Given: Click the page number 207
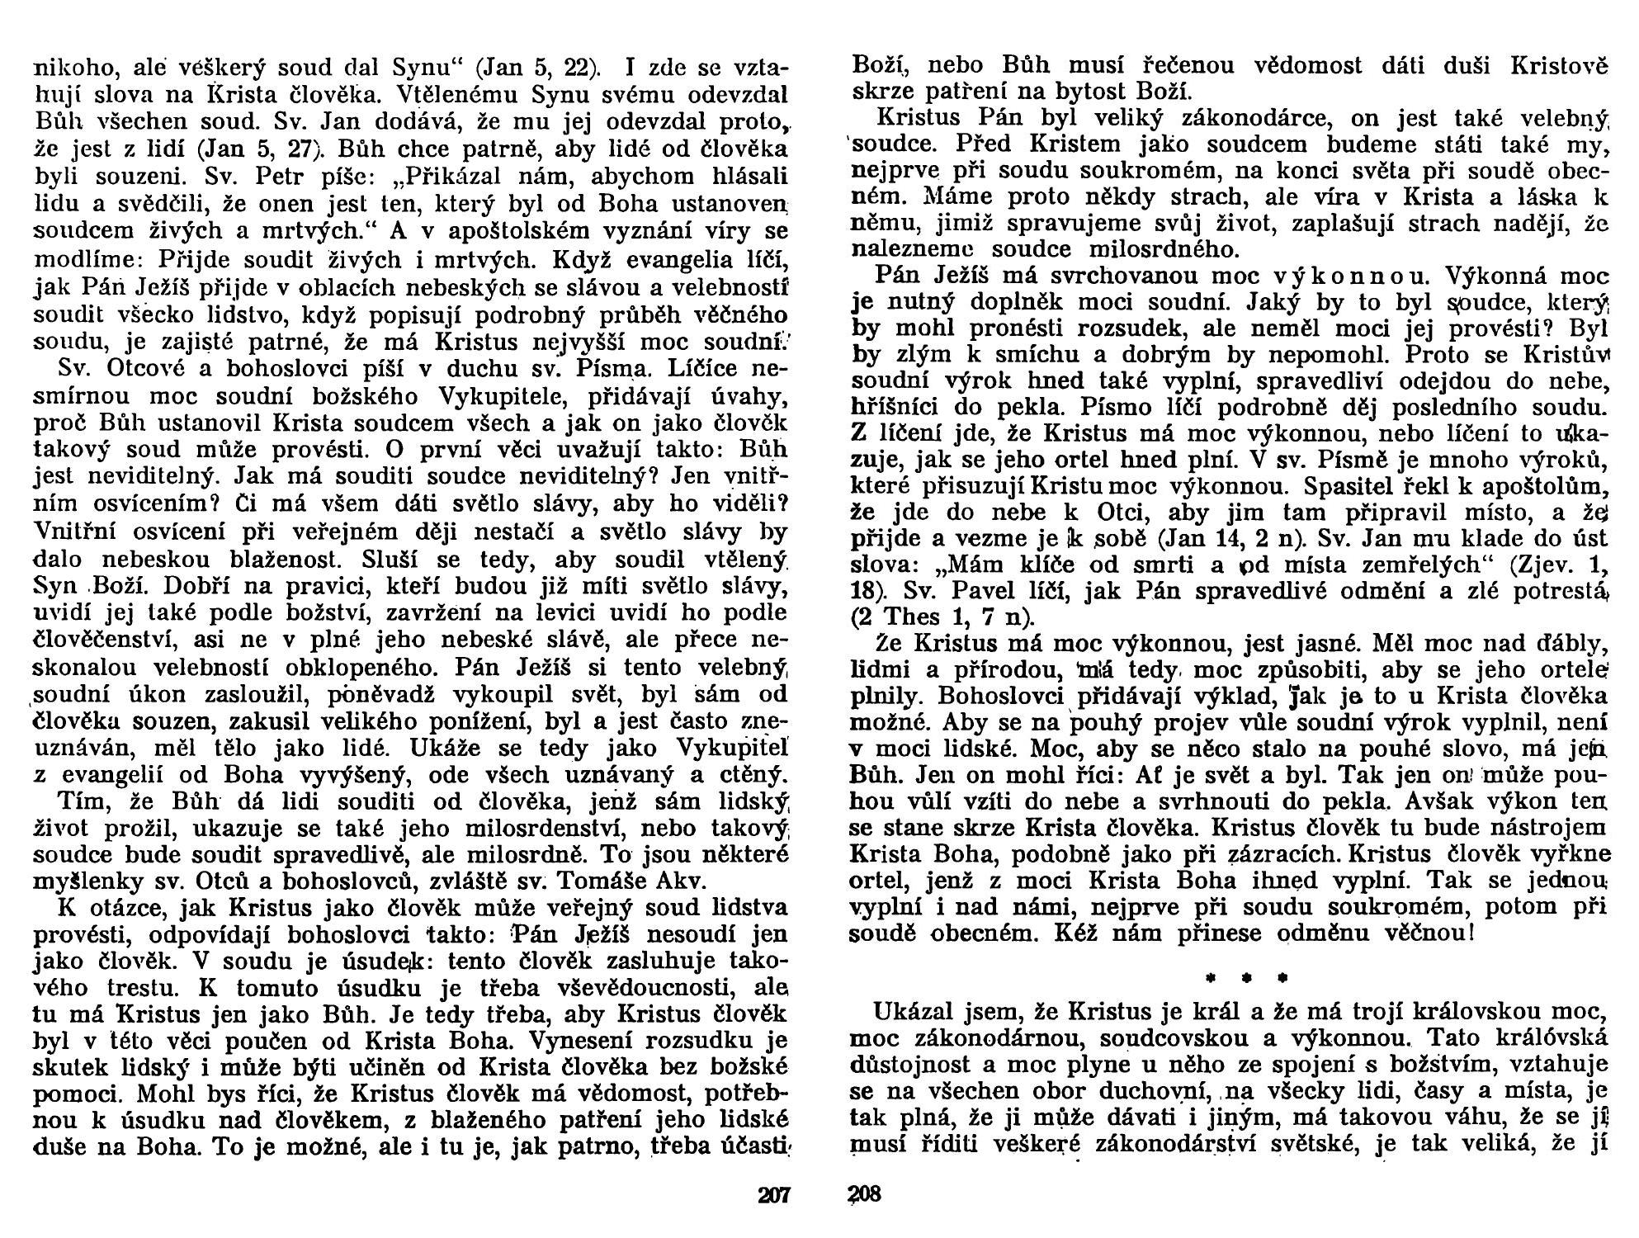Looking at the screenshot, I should (774, 1194).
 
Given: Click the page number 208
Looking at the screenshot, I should (865, 1194).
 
